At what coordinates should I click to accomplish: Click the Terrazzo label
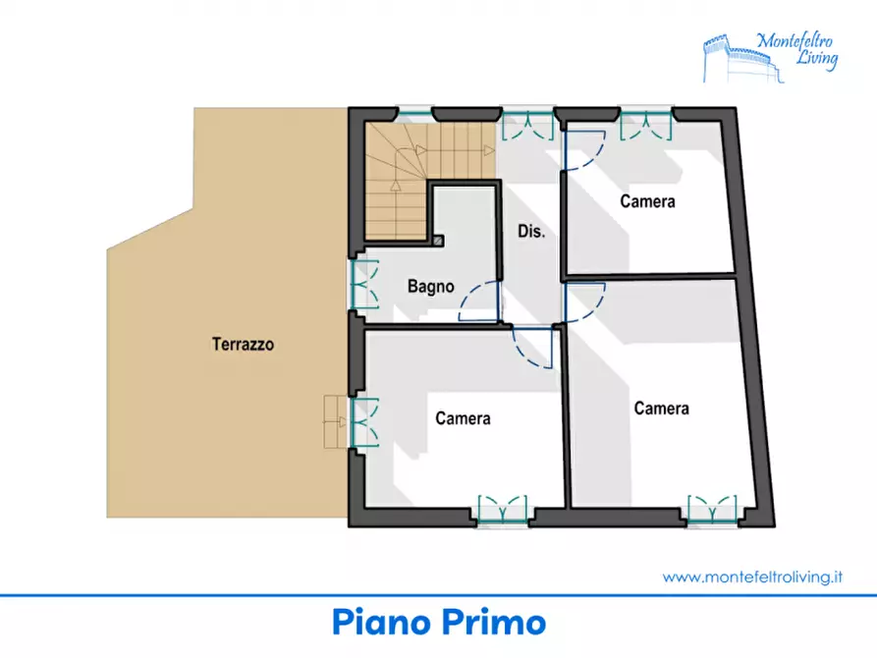tap(243, 344)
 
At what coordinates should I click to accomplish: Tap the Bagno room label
tap(431, 287)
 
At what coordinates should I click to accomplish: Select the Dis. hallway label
tap(531, 231)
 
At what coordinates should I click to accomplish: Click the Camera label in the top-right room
tap(647, 201)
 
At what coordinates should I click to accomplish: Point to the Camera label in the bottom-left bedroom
tap(464, 418)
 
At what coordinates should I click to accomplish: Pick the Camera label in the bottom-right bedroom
tap(661, 408)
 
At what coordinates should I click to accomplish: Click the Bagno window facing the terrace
tap(364, 284)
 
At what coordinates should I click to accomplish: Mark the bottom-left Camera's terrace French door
tap(364, 422)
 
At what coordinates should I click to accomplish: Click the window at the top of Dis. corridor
tap(528, 125)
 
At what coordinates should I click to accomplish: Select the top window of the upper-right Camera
tap(646, 125)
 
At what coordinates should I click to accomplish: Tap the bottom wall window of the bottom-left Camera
tap(503, 509)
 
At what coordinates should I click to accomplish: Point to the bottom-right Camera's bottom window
tap(713, 509)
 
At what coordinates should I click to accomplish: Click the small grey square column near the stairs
tap(438, 241)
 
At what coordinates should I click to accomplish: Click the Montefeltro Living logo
tap(771, 57)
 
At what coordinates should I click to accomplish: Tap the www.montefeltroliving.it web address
tap(752, 576)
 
